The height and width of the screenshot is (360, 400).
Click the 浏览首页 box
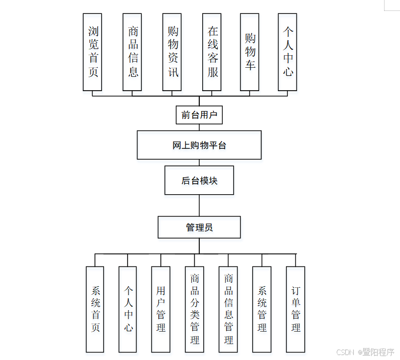click(x=92, y=52)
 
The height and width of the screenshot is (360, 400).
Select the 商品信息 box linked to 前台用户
click(x=132, y=52)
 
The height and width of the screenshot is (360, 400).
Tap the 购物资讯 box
click(x=172, y=52)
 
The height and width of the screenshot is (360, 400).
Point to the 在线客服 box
click(x=212, y=52)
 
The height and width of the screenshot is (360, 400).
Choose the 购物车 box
click(x=250, y=52)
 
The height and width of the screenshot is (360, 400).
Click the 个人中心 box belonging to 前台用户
click(x=287, y=52)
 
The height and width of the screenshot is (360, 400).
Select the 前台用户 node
click(x=199, y=115)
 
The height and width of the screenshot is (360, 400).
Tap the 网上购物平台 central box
click(x=199, y=145)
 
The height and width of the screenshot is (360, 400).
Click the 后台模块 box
click(x=199, y=180)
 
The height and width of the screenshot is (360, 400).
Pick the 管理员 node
click(x=199, y=227)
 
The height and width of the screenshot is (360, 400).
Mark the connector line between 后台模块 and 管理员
click(x=199, y=205)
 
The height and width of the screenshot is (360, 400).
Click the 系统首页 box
click(x=95, y=309)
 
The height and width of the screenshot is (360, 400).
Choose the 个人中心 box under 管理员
click(x=128, y=309)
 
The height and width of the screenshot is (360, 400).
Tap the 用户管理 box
click(x=160, y=309)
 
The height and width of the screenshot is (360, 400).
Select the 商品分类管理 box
click(x=194, y=309)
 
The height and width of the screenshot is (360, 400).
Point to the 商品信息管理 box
click(x=228, y=309)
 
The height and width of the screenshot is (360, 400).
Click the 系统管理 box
click(x=262, y=309)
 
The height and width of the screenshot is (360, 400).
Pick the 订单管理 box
click(x=295, y=309)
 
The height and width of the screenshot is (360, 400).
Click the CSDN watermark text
click(x=345, y=353)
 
